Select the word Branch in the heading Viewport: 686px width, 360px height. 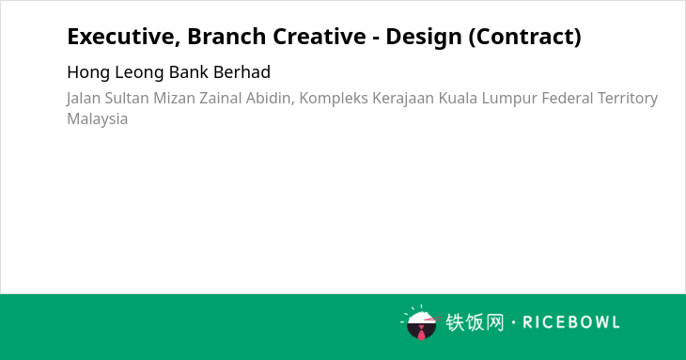(226, 36)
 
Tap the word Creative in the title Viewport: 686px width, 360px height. (320, 36)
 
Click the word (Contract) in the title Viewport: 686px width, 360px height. (525, 37)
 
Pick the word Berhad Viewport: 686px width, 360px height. (242, 71)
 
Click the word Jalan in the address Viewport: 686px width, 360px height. (83, 99)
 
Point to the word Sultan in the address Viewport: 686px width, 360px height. (127, 98)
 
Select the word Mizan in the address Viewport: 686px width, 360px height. (174, 98)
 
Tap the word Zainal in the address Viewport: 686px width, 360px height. (221, 98)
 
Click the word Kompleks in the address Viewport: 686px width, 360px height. (334, 99)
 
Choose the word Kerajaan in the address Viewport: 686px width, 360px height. (403, 99)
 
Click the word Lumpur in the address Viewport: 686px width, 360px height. (509, 99)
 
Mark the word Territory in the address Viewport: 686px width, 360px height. (628, 99)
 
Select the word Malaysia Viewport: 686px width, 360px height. (97, 119)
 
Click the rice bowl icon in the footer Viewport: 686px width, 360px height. (420, 322)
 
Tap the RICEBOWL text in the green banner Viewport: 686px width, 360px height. (571, 322)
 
